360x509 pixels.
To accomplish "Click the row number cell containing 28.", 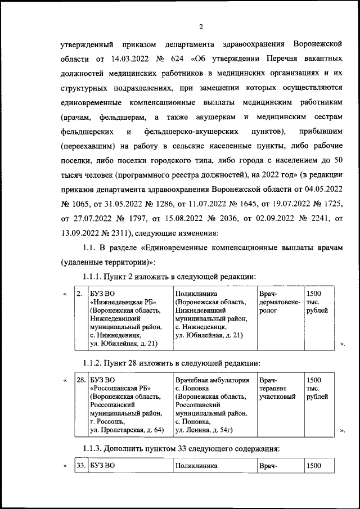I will (80, 381).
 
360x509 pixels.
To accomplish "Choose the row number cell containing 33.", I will (80, 466).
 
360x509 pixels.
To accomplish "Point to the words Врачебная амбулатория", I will (212, 380).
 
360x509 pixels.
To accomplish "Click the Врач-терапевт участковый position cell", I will (276, 389).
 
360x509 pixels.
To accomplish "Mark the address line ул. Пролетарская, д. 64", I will (127, 430).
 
